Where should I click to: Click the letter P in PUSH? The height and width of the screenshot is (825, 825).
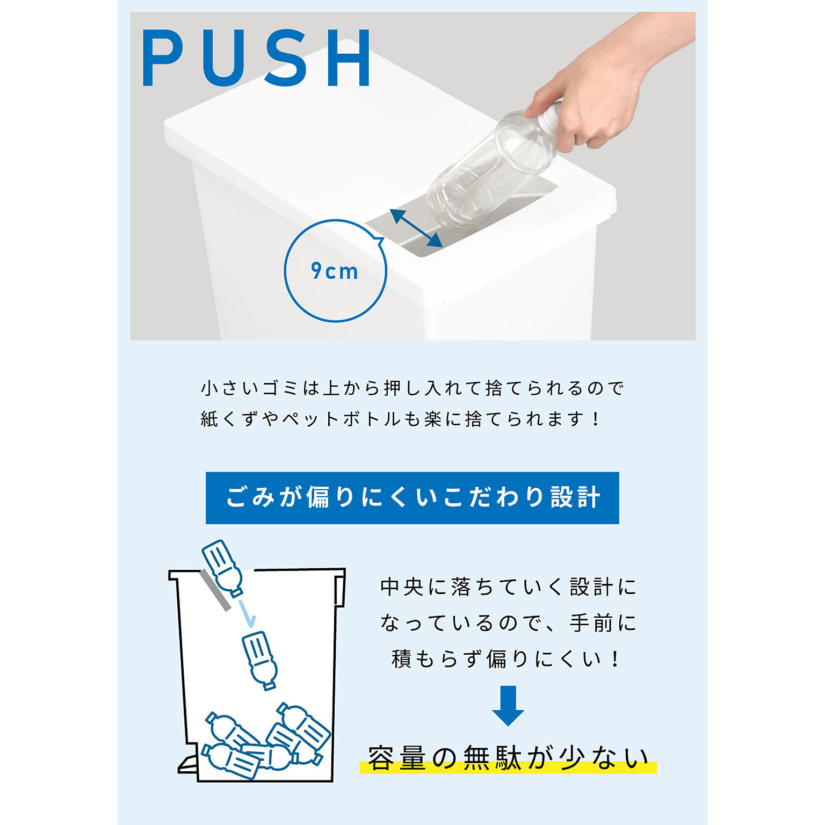163,58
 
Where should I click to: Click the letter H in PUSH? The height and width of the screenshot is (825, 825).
349,58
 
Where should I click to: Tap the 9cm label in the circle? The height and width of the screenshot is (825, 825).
335,271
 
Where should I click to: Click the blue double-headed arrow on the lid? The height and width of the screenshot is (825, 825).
416,228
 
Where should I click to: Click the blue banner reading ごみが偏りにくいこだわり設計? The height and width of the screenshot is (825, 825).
412,498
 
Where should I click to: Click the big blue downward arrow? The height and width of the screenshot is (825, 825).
508,705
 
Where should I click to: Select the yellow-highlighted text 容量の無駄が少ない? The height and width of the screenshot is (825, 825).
508,758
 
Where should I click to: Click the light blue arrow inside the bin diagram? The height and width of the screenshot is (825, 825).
247,614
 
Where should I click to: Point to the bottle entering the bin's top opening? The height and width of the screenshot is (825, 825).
222,568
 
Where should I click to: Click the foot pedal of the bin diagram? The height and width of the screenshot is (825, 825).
189,764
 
